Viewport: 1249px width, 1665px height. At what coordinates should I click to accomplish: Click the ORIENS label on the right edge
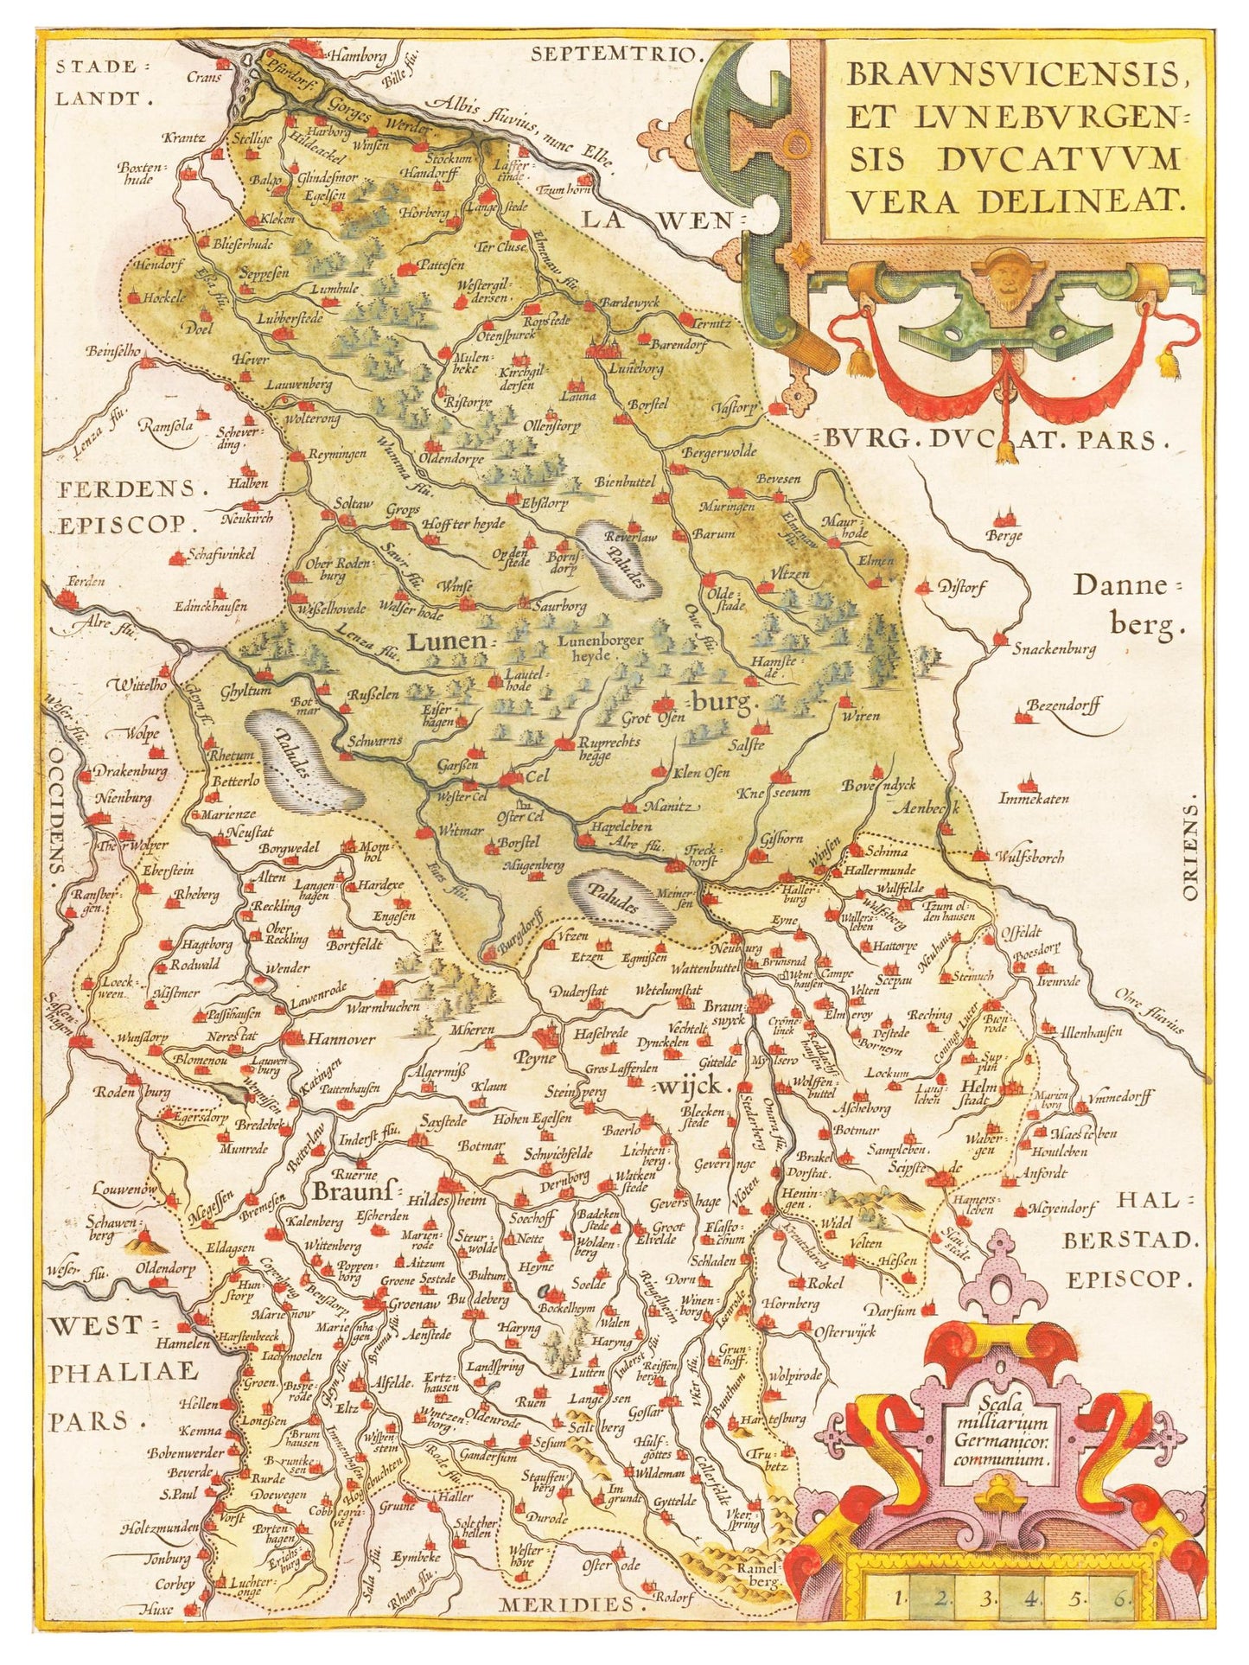[x=1192, y=851]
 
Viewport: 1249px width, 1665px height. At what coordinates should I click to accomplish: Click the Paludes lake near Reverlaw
[x=620, y=561]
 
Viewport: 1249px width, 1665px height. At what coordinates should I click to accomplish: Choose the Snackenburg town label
[x=1054, y=647]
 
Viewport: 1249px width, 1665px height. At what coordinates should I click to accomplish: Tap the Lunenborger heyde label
[x=601, y=647]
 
